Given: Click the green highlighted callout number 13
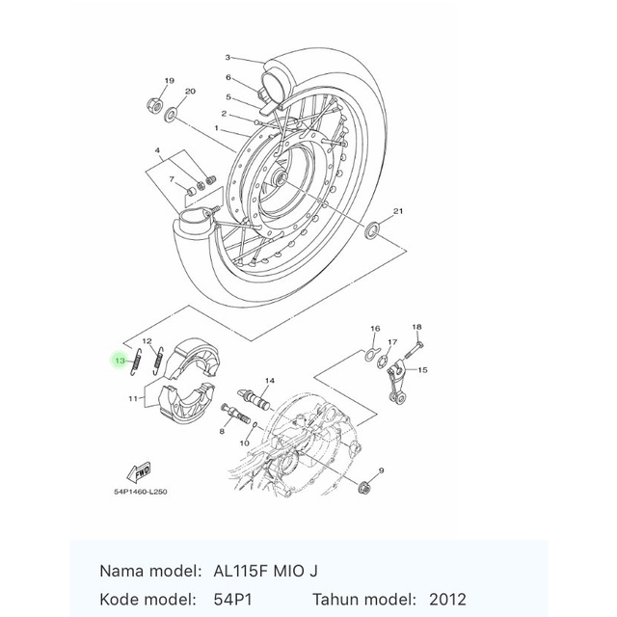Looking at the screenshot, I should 120,361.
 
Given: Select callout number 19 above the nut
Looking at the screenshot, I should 169,81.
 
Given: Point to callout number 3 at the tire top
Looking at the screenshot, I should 228,58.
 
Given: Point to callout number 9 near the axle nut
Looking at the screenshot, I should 382,469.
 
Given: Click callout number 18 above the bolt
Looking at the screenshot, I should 416,328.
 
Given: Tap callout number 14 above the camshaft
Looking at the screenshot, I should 269,381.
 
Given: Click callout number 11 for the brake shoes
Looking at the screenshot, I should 133,398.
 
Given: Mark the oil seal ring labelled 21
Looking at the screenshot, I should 370,230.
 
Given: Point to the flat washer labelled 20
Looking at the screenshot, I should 172,115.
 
